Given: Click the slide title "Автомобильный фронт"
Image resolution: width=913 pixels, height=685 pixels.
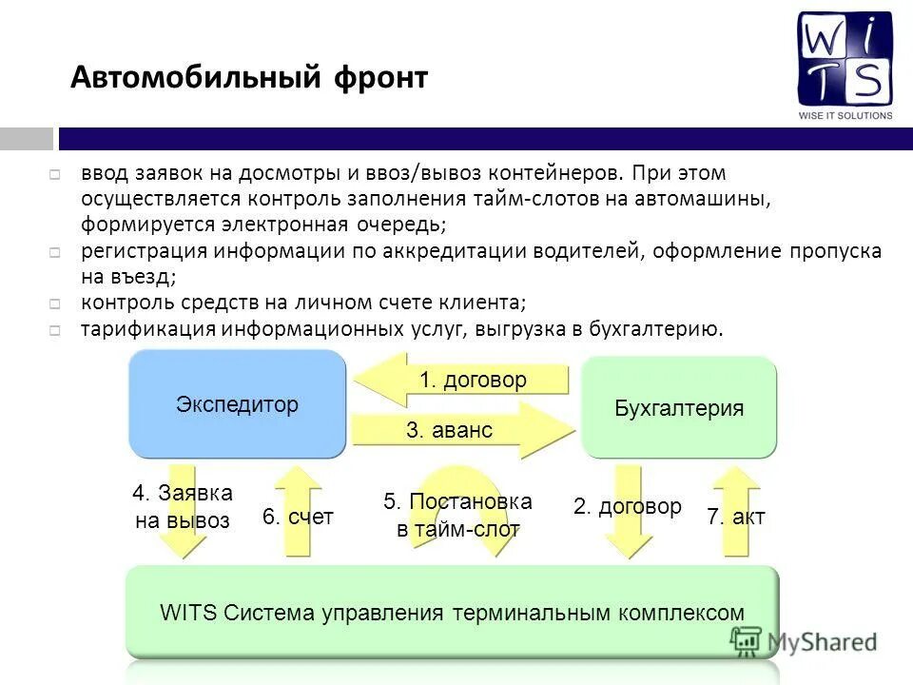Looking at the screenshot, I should tap(249, 77).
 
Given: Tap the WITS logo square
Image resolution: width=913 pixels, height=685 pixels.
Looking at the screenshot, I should tap(845, 58).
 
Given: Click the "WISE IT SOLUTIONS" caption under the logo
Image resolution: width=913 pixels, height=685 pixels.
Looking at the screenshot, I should tap(845, 115).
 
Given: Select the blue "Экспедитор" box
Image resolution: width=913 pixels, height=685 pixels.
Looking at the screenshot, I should tap(237, 404).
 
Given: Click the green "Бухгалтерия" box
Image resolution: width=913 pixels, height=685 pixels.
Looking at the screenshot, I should tap(679, 408).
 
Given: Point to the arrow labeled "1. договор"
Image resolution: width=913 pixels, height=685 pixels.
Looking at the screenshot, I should tap(462, 380).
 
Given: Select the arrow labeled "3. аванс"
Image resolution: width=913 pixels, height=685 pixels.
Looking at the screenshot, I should tap(462, 430).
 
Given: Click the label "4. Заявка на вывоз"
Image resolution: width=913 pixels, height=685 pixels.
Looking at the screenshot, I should tap(182, 506).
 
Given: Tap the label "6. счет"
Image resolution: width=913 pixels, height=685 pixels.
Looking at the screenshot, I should tap(298, 517).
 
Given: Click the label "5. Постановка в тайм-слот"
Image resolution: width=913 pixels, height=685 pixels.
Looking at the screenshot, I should tap(457, 515).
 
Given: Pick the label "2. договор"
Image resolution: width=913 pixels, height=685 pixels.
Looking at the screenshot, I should tap(627, 506).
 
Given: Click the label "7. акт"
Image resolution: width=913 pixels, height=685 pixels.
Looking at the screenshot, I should tap(735, 517).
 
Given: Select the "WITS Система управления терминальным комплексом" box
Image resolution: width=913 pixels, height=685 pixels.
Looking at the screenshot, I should tap(452, 612).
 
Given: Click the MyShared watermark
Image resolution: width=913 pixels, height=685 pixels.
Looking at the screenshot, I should tap(806, 641).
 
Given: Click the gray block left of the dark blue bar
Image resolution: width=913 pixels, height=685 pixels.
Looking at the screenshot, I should tap(26, 139).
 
